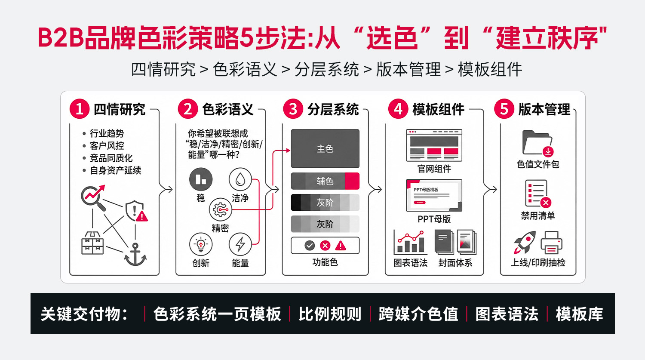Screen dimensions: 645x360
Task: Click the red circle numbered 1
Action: (x=79, y=109)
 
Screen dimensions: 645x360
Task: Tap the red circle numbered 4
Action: (x=398, y=109)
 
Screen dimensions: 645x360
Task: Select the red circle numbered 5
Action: (x=504, y=109)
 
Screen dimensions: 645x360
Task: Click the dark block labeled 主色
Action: (x=325, y=149)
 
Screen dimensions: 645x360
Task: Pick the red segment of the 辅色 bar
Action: (x=352, y=181)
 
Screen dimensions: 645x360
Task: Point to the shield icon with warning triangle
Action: (x=136, y=211)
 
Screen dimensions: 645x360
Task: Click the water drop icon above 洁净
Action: (x=240, y=179)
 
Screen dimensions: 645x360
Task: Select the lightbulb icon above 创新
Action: (x=201, y=244)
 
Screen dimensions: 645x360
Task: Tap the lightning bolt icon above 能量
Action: (x=240, y=244)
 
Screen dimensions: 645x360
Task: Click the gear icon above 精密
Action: (x=220, y=209)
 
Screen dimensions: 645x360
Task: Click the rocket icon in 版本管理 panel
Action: (x=525, y=242)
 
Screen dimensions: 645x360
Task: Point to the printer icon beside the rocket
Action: (x=551, y=242)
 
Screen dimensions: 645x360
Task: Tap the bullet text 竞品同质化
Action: (x=111, y=158)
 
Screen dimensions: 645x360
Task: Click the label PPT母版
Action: (x=434, y=219)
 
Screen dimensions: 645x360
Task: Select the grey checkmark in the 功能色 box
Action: (x=310, y=246)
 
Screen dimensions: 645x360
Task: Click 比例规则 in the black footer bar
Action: (x=330, y=314)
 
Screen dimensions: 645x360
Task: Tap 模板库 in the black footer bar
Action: (x=579, y=314)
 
